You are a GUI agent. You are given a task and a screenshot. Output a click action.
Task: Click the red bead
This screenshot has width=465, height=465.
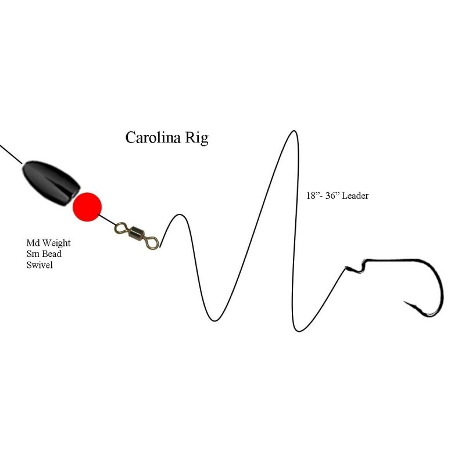pos(87,206)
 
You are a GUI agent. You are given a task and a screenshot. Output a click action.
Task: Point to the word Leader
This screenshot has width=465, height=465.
pos(355,196)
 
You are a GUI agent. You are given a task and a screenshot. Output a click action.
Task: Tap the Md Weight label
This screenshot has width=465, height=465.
pos(48,242)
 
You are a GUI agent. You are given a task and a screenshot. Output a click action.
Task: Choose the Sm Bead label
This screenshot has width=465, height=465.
pos(44,253)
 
